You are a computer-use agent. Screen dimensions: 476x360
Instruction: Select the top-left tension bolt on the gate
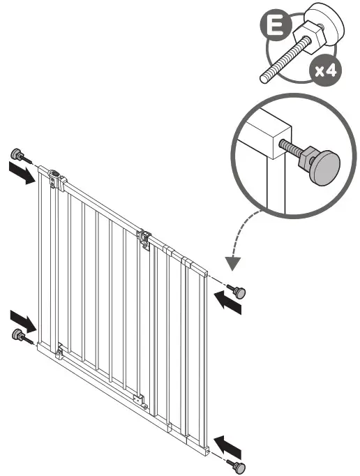[x=16, y=155]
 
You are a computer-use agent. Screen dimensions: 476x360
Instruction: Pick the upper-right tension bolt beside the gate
[x=239, y=293]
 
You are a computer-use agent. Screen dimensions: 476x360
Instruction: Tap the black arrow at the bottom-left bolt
[x=24, y=322]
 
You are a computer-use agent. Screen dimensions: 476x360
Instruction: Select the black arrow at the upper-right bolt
[x=227, y=302]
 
